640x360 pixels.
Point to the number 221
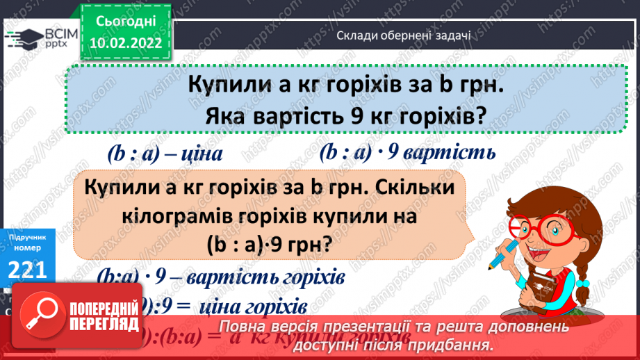(x=28, y=268)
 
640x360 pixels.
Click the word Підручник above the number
(x=28, y=238)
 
